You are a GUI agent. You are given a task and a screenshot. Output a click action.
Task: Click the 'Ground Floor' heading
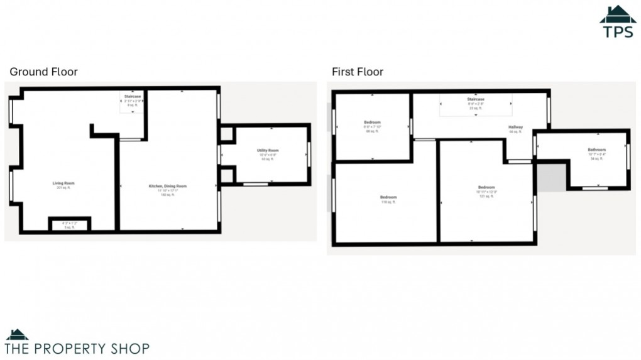point(43,72)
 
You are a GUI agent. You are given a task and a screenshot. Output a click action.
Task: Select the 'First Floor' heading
point(358,72)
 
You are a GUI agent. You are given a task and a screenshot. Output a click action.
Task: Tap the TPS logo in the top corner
point(618,22)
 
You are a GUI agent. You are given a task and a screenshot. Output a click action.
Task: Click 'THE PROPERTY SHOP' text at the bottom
point(77,347)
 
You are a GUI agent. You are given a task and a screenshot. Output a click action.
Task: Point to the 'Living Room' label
point(63,183)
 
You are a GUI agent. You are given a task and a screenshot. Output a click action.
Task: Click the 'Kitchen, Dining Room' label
point(167,186)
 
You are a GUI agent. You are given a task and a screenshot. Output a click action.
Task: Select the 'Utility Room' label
point(268,151)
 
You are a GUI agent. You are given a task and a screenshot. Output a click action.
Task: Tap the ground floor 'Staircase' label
point(132,96)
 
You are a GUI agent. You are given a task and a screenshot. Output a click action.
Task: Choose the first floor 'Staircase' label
point(475,99)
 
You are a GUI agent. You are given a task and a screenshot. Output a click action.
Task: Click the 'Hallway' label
point(515,128)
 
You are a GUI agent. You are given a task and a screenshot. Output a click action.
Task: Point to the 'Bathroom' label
point(596,150)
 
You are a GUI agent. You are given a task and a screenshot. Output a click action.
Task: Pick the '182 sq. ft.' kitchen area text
point(167,195)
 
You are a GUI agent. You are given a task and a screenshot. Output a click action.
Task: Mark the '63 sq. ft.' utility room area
point(268,159)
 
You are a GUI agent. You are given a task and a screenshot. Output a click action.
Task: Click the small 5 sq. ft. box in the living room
point(70,225)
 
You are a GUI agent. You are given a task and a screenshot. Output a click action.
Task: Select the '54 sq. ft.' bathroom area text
point(596,159)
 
